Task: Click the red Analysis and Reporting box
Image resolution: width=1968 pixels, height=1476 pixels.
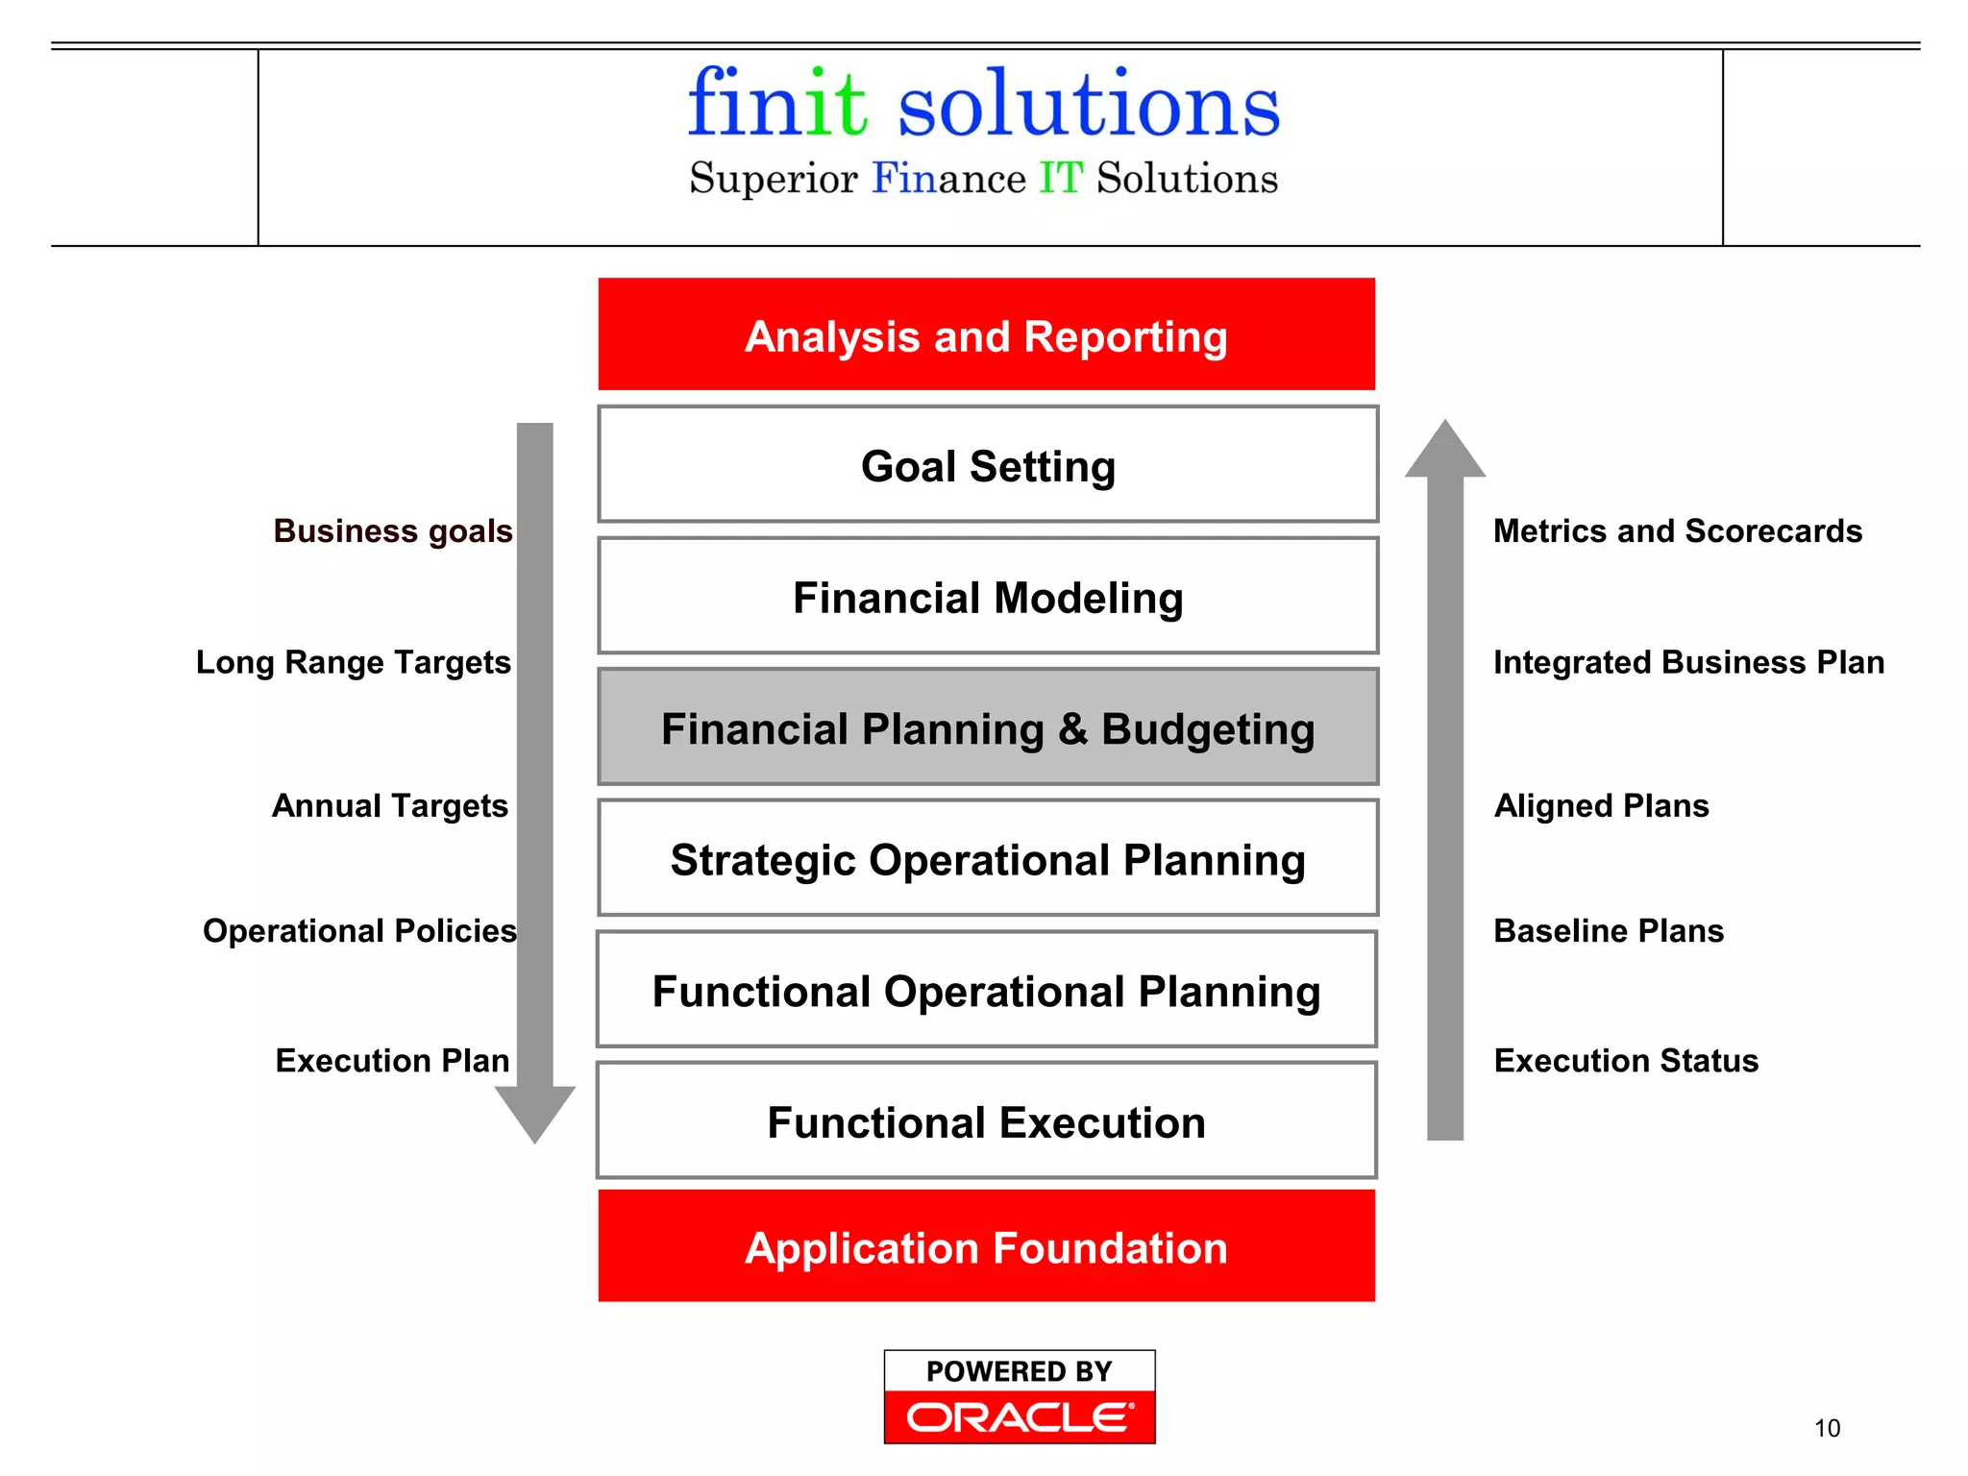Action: (x=986, y=334)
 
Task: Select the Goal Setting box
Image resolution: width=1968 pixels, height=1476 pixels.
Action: (x=988, y=465)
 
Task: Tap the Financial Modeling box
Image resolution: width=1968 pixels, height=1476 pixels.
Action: (x=988, y=597)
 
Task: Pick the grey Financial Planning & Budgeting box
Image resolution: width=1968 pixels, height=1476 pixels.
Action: (x=988, y=727)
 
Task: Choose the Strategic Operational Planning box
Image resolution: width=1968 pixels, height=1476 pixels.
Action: (x=988, y=858)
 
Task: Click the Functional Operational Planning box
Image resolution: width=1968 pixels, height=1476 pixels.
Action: (x=986, y=990)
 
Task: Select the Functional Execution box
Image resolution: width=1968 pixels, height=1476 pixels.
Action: (x=986, y=1121)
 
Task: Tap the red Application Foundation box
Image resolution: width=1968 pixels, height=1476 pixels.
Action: (x=986, y=1246)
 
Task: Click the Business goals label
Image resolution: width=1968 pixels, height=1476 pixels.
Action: (x=393, y=530)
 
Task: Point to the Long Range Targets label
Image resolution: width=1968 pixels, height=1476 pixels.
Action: (x=353, y=662)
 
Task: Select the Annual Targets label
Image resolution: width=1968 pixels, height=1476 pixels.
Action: (x=389, y=805)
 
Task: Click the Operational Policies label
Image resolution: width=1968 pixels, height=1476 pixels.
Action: (x=359, y=930)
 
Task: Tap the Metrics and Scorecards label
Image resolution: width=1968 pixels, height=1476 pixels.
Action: (x=1677, y=530)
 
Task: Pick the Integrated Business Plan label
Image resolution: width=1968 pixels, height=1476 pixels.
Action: (x=1688, y=662)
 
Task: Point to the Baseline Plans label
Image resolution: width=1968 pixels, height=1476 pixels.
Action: (x=1609, y=930)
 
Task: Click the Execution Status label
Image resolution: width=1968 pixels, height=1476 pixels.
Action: (x=1626, y=1060)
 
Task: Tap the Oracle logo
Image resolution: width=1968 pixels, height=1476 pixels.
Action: (x=1020, y=1416)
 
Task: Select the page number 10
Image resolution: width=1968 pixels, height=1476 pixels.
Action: (x=1827, y=1428)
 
